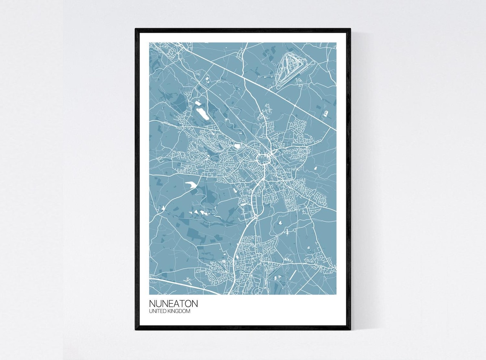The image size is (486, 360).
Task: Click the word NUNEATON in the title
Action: (173, 304)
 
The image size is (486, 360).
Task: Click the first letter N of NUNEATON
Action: (152, 304)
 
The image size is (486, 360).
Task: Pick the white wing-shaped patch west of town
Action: (191, 184)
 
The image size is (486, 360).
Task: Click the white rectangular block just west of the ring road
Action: (237, 146)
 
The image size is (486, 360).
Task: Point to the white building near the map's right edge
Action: (326, 113)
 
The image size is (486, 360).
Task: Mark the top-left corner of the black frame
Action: (136, 29)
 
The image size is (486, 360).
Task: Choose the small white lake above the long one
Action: (198, 102)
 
